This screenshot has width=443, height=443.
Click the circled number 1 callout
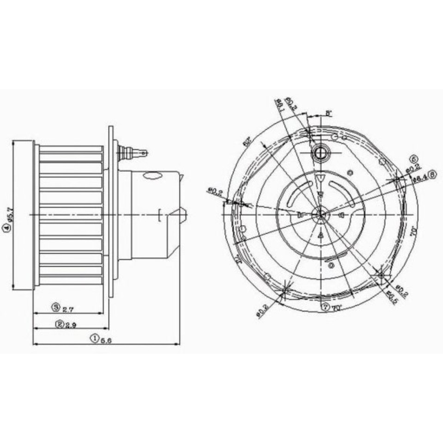pyautogui.click(x=94, y=338)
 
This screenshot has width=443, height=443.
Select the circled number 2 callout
pyautogui.click(x=60, y=324)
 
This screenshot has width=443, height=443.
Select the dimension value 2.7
pyautogui.click(x=67, y=307)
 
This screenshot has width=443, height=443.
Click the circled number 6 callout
pyautogui.click(x=413, y=159)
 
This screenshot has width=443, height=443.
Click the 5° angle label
pyautogui.click(x=329, y=112)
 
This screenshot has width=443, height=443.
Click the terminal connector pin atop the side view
pyautogui.click(x=134, y=152)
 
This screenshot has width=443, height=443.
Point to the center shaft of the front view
pyautogui.click(x=319, y=214)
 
